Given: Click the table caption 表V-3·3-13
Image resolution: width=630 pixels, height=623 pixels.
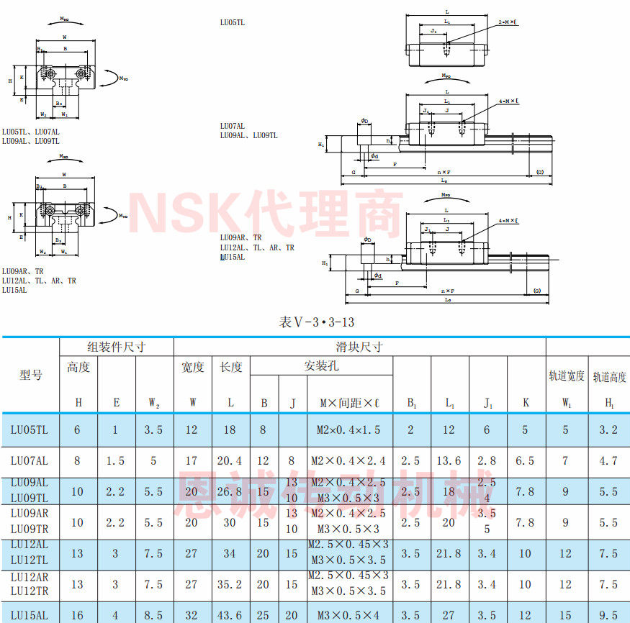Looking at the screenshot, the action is point(317,322).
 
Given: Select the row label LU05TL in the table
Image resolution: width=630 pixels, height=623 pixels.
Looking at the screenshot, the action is point(30,430).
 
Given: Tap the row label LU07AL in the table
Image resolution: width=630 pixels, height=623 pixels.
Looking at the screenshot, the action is point(30,460).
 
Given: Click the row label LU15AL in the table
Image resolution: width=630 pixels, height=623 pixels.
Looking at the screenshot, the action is point(30,615).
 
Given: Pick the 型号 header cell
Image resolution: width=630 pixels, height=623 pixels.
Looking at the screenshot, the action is point(30,375).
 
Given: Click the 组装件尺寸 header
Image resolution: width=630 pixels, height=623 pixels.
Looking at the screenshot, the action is point(116,347).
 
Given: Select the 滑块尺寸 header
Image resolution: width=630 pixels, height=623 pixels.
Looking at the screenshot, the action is point(359,347).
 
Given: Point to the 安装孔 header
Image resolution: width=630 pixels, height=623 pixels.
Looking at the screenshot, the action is point(320,366).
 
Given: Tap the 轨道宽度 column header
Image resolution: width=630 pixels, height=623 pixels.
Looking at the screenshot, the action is point(567,375).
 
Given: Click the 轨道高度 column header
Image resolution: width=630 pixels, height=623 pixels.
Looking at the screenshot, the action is point(609,376).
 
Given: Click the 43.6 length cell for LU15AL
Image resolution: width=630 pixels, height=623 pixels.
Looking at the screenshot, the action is point(230,615).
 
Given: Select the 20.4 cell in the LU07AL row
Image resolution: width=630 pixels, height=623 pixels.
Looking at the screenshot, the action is point(230,460).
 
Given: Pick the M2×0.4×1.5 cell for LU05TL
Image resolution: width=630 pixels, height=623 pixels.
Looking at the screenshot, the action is point(349,430).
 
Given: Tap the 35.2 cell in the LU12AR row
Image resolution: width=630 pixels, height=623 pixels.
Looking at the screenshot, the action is point(230,584).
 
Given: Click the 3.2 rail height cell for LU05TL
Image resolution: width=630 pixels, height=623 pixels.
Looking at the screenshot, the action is point(609,430).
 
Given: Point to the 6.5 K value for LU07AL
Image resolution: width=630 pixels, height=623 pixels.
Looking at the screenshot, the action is point(526,460).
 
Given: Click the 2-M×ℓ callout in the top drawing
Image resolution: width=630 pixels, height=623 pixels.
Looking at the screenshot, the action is point(508,22).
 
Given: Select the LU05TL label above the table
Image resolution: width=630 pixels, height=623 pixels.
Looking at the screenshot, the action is point(233,22).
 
